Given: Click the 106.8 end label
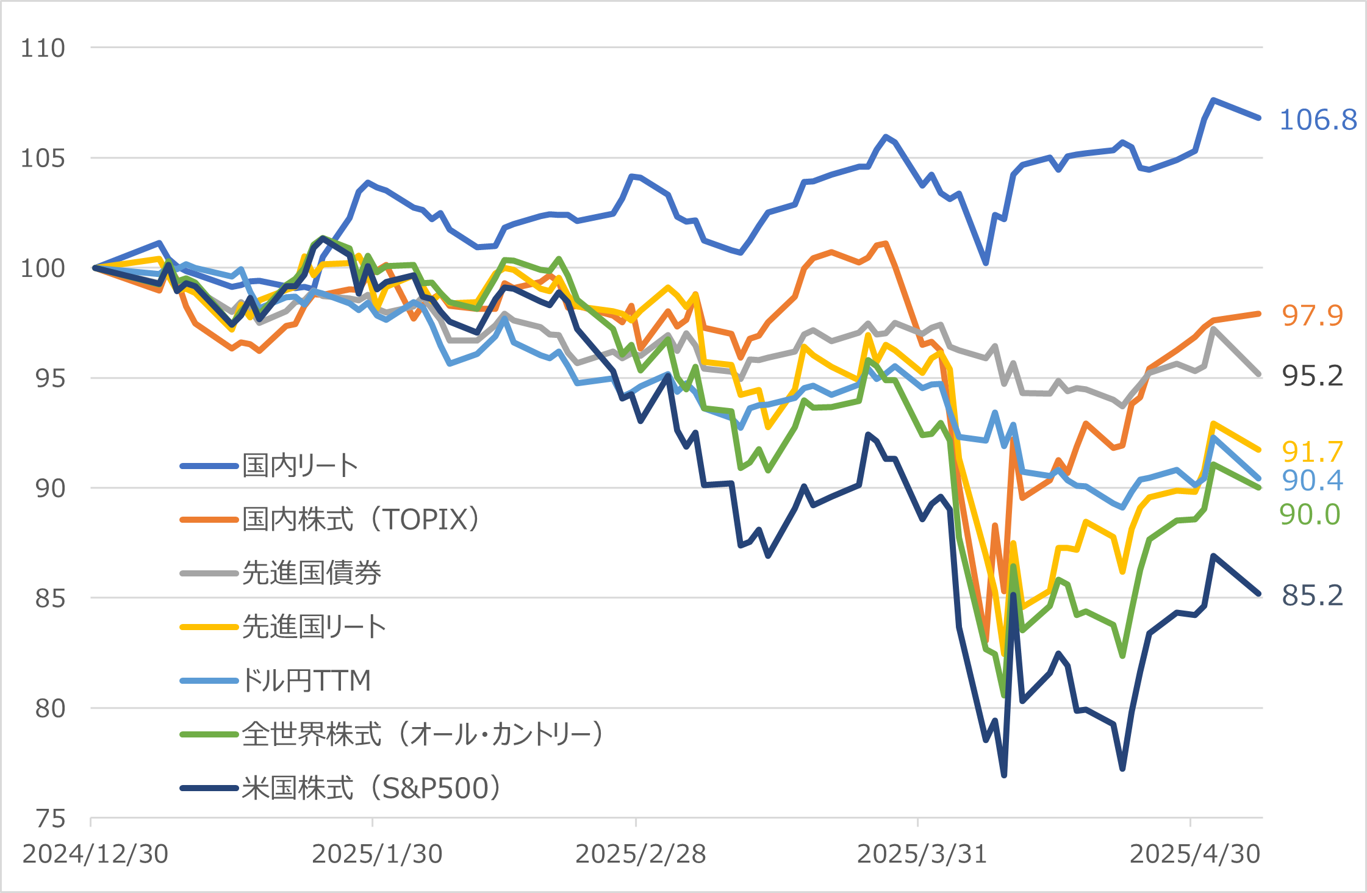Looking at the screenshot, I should coord(1318,120).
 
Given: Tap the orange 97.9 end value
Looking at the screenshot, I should coord(1312,315).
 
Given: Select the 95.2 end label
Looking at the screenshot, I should coord(1312,376).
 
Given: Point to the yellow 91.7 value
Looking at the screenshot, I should coord(1312,452).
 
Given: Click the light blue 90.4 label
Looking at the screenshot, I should coord(1312,481).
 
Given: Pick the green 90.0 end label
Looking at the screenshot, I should coord(1310,515).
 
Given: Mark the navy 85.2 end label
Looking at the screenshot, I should coord(1312,595).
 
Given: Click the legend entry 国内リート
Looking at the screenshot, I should coord(300,466).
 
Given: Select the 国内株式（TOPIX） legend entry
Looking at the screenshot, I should coord(361,520).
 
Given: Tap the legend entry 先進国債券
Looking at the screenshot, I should coord(311,573).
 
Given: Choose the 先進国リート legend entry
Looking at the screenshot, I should coord(314,627).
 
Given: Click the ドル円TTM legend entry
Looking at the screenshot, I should coord(306,681).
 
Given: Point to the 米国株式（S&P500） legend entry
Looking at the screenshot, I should coord(371,788).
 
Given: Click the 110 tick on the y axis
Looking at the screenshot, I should coord(43,48).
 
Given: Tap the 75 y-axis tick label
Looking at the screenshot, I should coord(50,819).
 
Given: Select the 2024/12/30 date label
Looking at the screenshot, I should coord(95,854).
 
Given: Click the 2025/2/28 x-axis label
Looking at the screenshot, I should coord(640,854).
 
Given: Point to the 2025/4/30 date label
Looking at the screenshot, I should coord(1194,854).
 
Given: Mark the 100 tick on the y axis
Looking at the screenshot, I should coord(43,268).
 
